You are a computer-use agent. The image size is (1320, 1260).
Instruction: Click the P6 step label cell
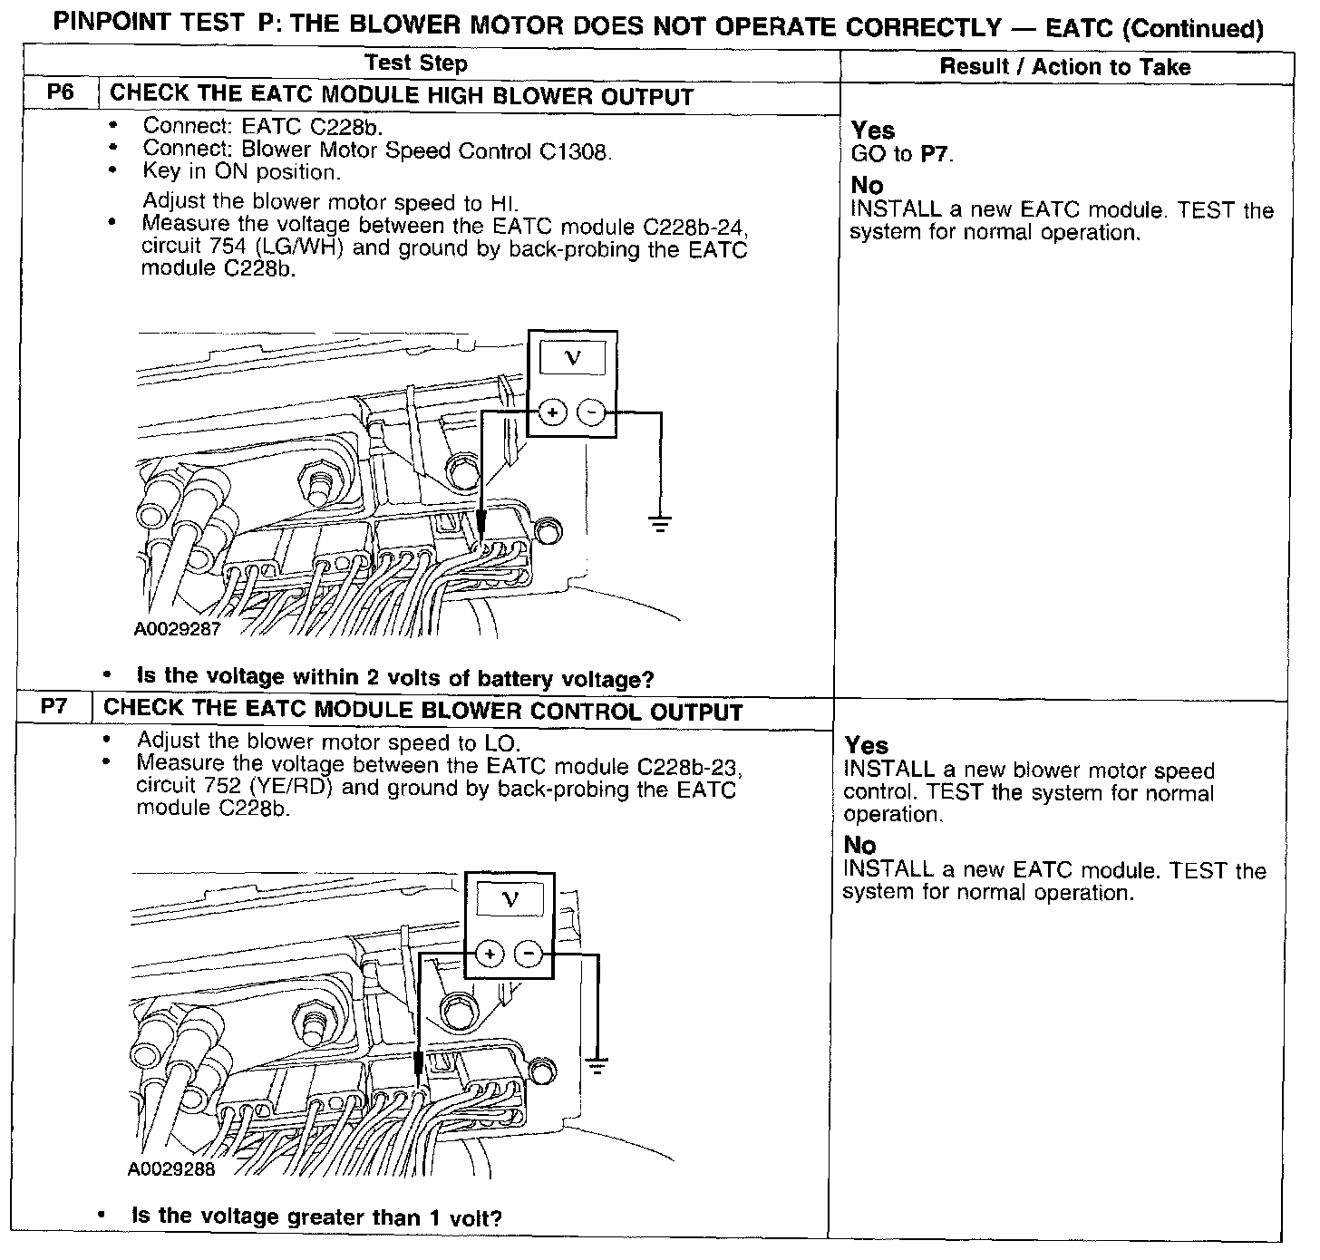(60, 94)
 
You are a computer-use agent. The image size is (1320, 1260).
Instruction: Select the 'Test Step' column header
(416, 63)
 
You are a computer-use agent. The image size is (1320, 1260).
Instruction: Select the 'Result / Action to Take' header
(1065, 66)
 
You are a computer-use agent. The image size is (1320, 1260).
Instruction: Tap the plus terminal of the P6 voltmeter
(552, 413)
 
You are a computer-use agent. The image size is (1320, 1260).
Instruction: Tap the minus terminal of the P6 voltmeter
(591, 413)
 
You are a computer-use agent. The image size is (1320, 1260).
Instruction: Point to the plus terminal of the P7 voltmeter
(490, 954)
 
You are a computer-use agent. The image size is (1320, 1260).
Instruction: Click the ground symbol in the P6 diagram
(661, 522)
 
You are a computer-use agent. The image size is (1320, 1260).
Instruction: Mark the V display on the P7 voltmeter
(510, 899)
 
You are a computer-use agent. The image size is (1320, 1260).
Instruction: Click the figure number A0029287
(177, 628)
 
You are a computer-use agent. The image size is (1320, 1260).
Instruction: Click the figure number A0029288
(171, 1169)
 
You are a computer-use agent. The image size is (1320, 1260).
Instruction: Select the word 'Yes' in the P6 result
(873, 131)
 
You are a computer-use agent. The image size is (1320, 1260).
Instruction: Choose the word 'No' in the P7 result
(859, 845)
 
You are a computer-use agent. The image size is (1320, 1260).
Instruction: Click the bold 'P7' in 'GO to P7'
(935, 154)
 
